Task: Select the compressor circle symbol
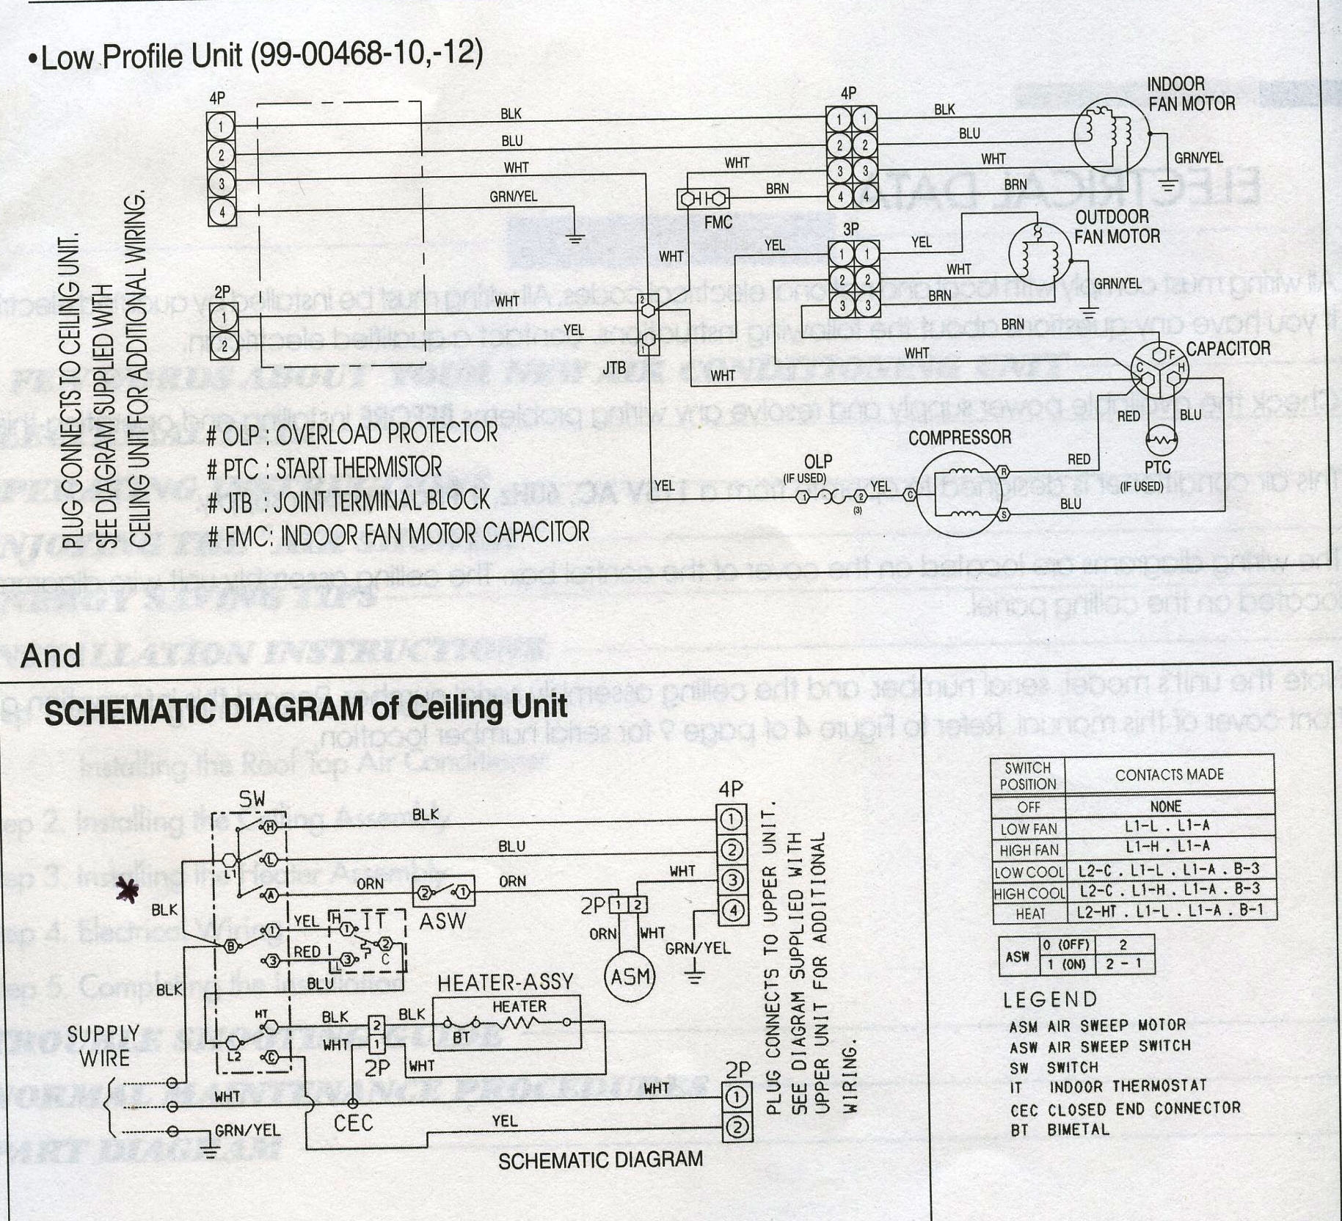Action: point(960,493)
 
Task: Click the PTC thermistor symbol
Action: point(1161,440)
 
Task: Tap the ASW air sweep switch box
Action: point(443,893)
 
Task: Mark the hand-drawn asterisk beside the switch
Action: point(128,891)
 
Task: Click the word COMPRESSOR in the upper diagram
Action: point(960,438)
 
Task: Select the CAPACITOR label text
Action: point(1228,349)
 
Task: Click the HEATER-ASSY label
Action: point(506,983)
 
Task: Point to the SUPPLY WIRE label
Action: point(103,1046)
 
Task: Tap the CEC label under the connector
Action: point(353,1123)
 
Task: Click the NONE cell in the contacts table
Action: point(1165,806)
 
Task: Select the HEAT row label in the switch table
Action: point(1030,914)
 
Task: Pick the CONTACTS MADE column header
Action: point(1169,775)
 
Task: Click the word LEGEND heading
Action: point(1050,999)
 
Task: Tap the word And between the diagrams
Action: point(51,655)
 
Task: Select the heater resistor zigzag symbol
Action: point(519,1023)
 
